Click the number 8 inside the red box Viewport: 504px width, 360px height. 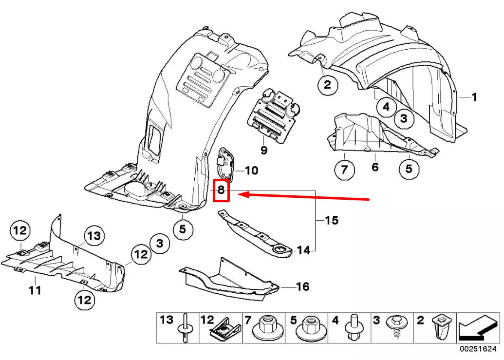tap(221, 190)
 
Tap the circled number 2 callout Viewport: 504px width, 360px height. tap(327, 85)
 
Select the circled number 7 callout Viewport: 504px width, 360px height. tap(344, 170)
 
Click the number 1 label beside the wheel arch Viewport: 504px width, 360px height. tap(474, 97)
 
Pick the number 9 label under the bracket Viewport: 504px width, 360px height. tap(264, 151)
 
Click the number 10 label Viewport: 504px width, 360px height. tap(252, 171)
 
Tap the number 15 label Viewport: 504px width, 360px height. tap(331, 221)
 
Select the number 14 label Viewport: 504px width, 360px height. tap(303, 250)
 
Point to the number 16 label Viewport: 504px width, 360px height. tap(303, 286)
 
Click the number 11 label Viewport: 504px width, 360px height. tap(35, 291)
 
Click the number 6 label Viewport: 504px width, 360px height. tap(375, 167)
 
